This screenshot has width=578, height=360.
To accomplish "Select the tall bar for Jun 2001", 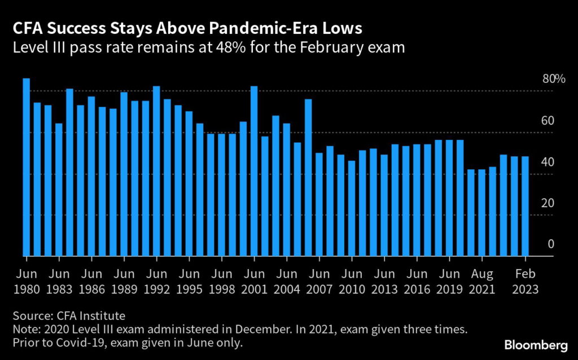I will point(254,172).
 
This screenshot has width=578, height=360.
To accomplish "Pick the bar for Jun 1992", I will point(156,172).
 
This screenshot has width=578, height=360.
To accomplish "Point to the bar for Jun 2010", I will point(352,209).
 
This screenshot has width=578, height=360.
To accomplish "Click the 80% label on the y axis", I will point(554,79).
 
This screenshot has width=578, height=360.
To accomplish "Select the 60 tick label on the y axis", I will point(548,121).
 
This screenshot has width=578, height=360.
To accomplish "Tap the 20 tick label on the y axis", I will point(548,203).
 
